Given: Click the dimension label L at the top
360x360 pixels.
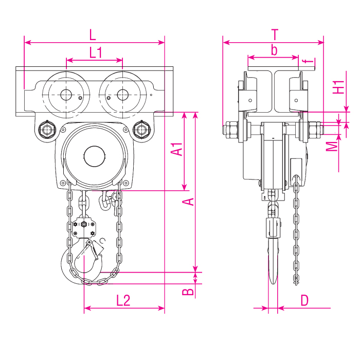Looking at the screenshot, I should coord(93,35).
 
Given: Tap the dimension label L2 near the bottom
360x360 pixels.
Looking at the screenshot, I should coord(123,300).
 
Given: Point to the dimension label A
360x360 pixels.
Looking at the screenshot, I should coord(189,201).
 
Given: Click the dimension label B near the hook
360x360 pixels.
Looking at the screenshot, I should coord(189,292).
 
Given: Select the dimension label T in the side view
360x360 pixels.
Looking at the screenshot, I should coord(275,34).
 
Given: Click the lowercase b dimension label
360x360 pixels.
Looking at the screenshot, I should coord(274,50).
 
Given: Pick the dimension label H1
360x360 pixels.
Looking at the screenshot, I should coord(337,87).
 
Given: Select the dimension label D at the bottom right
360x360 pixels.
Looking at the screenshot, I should coord(304,300).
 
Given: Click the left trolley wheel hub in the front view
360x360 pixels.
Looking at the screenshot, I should coord(66,95).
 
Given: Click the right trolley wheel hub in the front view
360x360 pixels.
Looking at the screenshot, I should coord(122,95).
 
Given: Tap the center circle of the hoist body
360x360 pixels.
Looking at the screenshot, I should coord(94,156).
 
